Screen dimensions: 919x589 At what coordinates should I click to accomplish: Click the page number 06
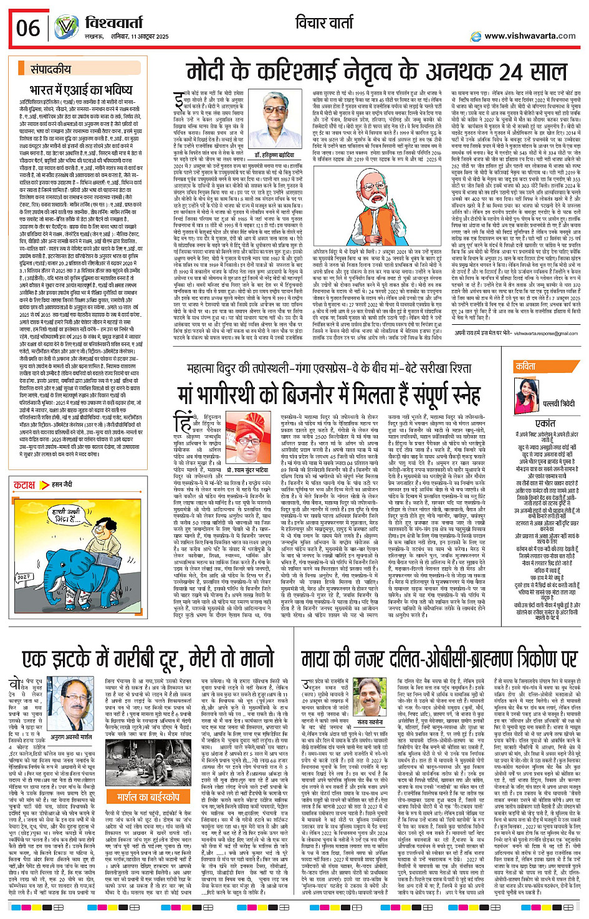click(28, 28)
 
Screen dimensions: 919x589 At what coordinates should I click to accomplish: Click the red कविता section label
click(525, 367)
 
